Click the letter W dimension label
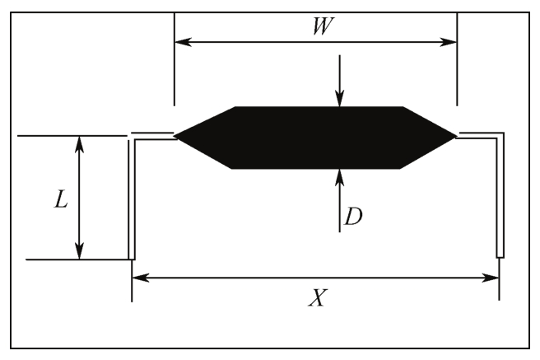click(x=323, y=26)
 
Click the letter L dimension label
click(x=61, y=199)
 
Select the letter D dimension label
click(x=353, y=217)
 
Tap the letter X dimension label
click(x=318, y=297)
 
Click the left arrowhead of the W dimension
click(x=183, y=42)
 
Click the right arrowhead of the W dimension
click(x=449, y=42)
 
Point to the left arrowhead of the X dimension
click(x=141, y=278)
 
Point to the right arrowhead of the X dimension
click(x=491, y=278)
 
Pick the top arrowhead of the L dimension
click(x=80, y=144)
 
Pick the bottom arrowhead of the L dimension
click(x=80, y=250)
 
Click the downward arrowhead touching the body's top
click(x=340, y=99)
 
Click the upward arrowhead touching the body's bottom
click(x=340, y=177)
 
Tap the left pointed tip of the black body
click(x=175, y=136)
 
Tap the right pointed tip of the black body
click(x=457, y=136)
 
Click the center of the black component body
click(x=316, y=138)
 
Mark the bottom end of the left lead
click(x=132, y=259)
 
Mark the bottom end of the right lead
click(x=500, y=257)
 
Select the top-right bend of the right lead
click(x=500, y=135)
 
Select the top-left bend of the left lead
click(x=132, y=137)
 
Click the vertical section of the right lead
click(x=500, y=196)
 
